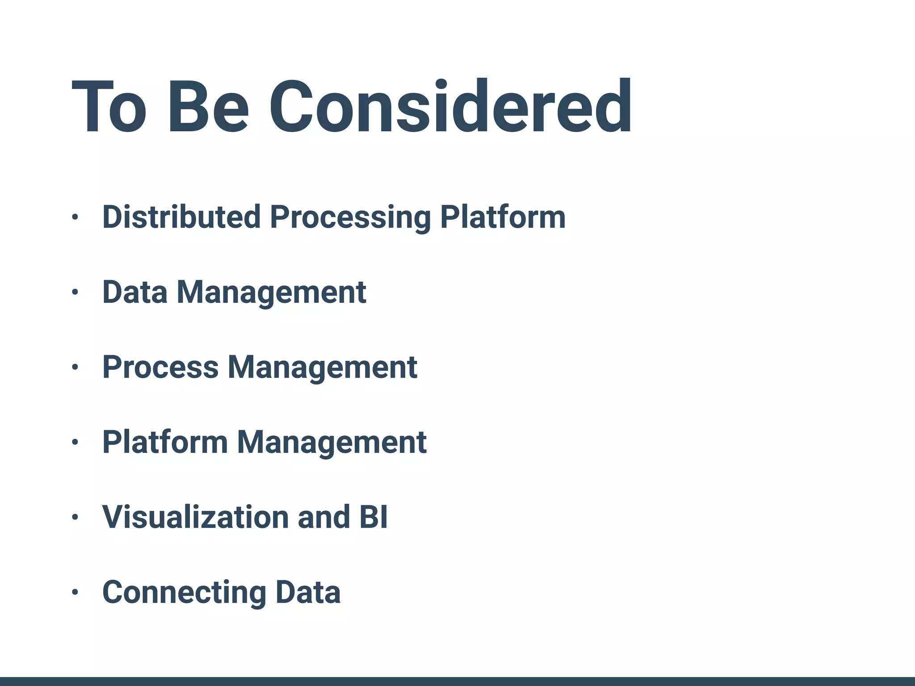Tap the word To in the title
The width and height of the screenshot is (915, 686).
point(109,107)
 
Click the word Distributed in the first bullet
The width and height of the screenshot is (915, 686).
point(181,217)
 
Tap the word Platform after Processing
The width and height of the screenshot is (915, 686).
point(503,217)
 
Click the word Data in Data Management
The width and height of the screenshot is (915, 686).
point(135,292)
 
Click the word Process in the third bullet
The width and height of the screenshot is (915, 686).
point(160,367)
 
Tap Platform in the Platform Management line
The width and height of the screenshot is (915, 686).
point(165,442)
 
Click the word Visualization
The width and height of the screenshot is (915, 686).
point(195,517)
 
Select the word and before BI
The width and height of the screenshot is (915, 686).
point(323,517)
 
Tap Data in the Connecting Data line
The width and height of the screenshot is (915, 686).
point(308,592)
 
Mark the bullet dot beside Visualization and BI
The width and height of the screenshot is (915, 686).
point(75,517)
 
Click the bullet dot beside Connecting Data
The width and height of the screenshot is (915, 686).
point(75,592)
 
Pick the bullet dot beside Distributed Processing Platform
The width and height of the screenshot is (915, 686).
point(75,218)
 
